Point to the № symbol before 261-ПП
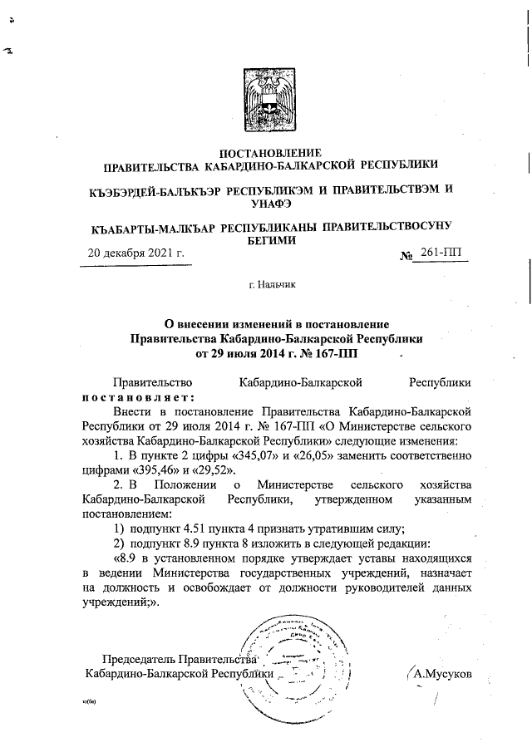point(406,255)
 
